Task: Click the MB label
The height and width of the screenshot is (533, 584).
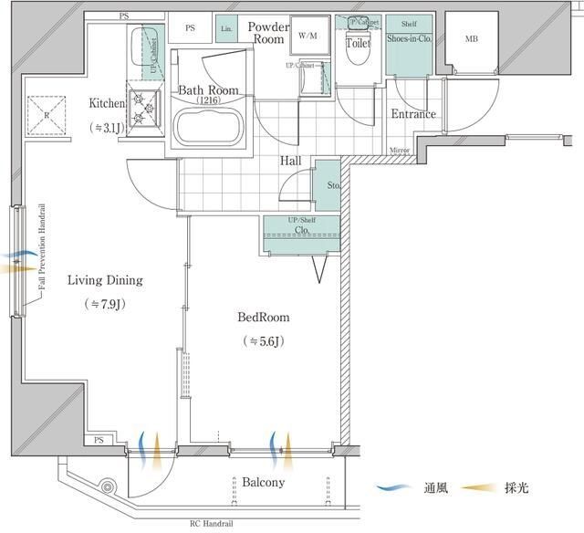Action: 471,38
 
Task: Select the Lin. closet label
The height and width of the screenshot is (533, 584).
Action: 226,29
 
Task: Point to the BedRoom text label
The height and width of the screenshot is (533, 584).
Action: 264,318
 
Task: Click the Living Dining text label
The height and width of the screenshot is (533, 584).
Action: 105,280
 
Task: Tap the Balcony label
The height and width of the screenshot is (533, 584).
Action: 263,482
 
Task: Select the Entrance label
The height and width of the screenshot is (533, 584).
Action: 412,114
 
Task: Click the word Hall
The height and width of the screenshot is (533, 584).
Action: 291,161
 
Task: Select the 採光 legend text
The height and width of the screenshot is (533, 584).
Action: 516,488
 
